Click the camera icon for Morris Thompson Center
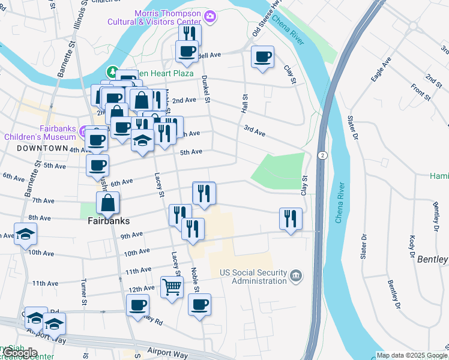tap(211, 16)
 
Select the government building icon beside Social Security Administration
tap(295, 276)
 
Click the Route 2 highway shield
tap(322, 155)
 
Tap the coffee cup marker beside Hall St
tap(262, 58)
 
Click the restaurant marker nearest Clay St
tap(291, 219)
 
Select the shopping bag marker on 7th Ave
tap(107, 203)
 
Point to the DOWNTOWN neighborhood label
tap(42, 148)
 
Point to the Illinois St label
tap(82, 18)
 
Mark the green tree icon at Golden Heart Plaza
tap(111, 73)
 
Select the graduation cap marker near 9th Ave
tap(25, 235)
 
